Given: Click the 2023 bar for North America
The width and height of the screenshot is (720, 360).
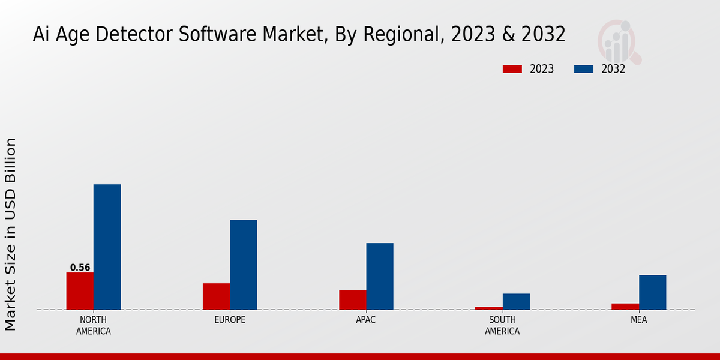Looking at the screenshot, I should [x=80, y=291].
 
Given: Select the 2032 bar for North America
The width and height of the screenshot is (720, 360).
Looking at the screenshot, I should [x=107, y=247].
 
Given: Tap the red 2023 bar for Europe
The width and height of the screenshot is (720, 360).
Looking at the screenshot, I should [x=216, y=296].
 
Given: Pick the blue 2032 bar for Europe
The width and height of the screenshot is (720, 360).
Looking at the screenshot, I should [x=243, y=265].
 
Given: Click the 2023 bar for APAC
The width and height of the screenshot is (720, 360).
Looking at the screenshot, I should [x=353, y=300].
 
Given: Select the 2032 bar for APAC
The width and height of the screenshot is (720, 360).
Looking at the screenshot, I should [x=380, y=276].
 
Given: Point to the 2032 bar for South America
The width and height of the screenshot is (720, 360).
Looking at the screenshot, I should [x=516, y=301].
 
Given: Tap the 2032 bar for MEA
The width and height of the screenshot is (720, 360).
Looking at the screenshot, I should [x=652, y=292].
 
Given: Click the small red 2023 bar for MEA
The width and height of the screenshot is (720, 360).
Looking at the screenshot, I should [x=625, y=307].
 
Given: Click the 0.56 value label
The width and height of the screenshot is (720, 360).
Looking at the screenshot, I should [x=80, y=268].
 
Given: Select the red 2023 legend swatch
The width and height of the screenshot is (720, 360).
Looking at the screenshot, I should [x=512, y=69].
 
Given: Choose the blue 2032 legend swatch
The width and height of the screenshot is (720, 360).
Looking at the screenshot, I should [x=583, y=69].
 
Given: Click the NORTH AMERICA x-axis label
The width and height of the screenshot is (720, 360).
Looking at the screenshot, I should [x=94, y=325].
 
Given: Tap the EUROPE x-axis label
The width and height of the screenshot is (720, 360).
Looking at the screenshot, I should [x=230, y=320].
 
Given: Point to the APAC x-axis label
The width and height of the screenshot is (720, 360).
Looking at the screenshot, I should [x=366, y=320].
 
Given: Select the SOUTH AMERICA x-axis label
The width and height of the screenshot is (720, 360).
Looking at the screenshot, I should [x=502, y=325].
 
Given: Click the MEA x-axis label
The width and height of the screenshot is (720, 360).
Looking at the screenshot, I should [x=638, y=320].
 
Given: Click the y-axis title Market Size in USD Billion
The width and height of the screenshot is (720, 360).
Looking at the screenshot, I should [x=11, y=234].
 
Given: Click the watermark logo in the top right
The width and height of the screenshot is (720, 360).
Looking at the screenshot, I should [x=619, y=41].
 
